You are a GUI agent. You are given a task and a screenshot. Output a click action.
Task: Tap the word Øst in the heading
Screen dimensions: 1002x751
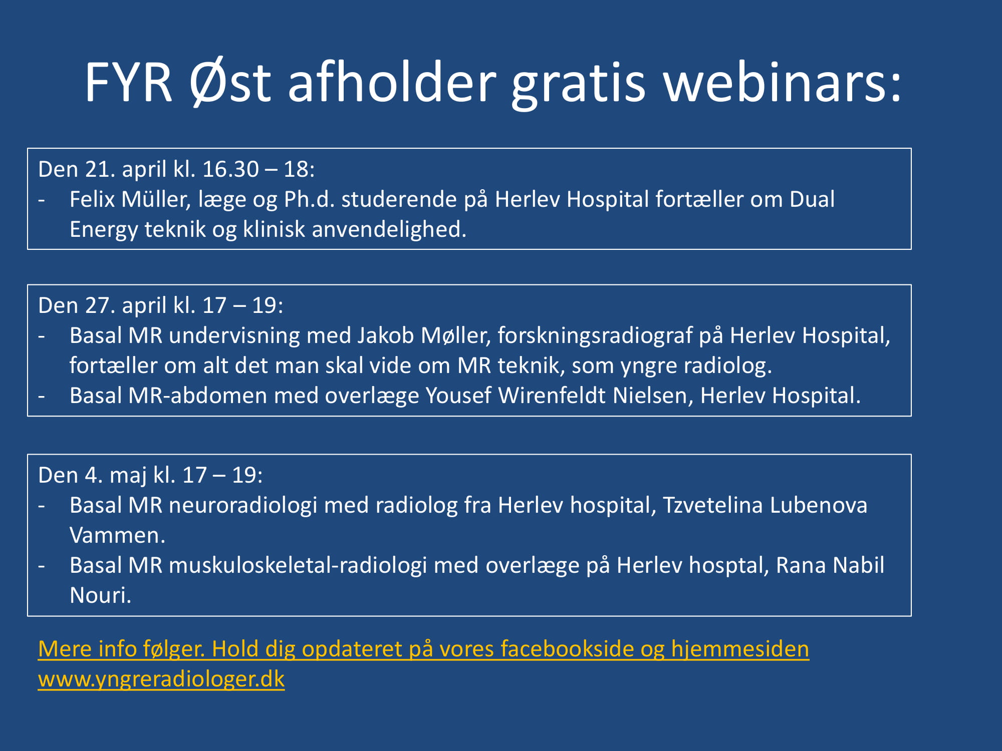(230, 82)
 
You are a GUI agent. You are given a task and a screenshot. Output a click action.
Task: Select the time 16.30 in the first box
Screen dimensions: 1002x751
(230, 169)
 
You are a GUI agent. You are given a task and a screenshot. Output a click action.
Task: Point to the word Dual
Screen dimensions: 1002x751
(812, 199)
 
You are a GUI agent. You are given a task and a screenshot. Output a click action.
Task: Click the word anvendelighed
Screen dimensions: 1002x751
(389, 230)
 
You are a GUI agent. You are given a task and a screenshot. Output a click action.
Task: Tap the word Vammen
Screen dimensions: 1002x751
(117, 536)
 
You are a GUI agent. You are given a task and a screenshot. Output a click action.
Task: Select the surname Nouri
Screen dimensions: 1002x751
(100, 596)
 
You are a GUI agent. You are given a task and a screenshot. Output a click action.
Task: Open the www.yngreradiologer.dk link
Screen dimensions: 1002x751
(161, 679)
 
